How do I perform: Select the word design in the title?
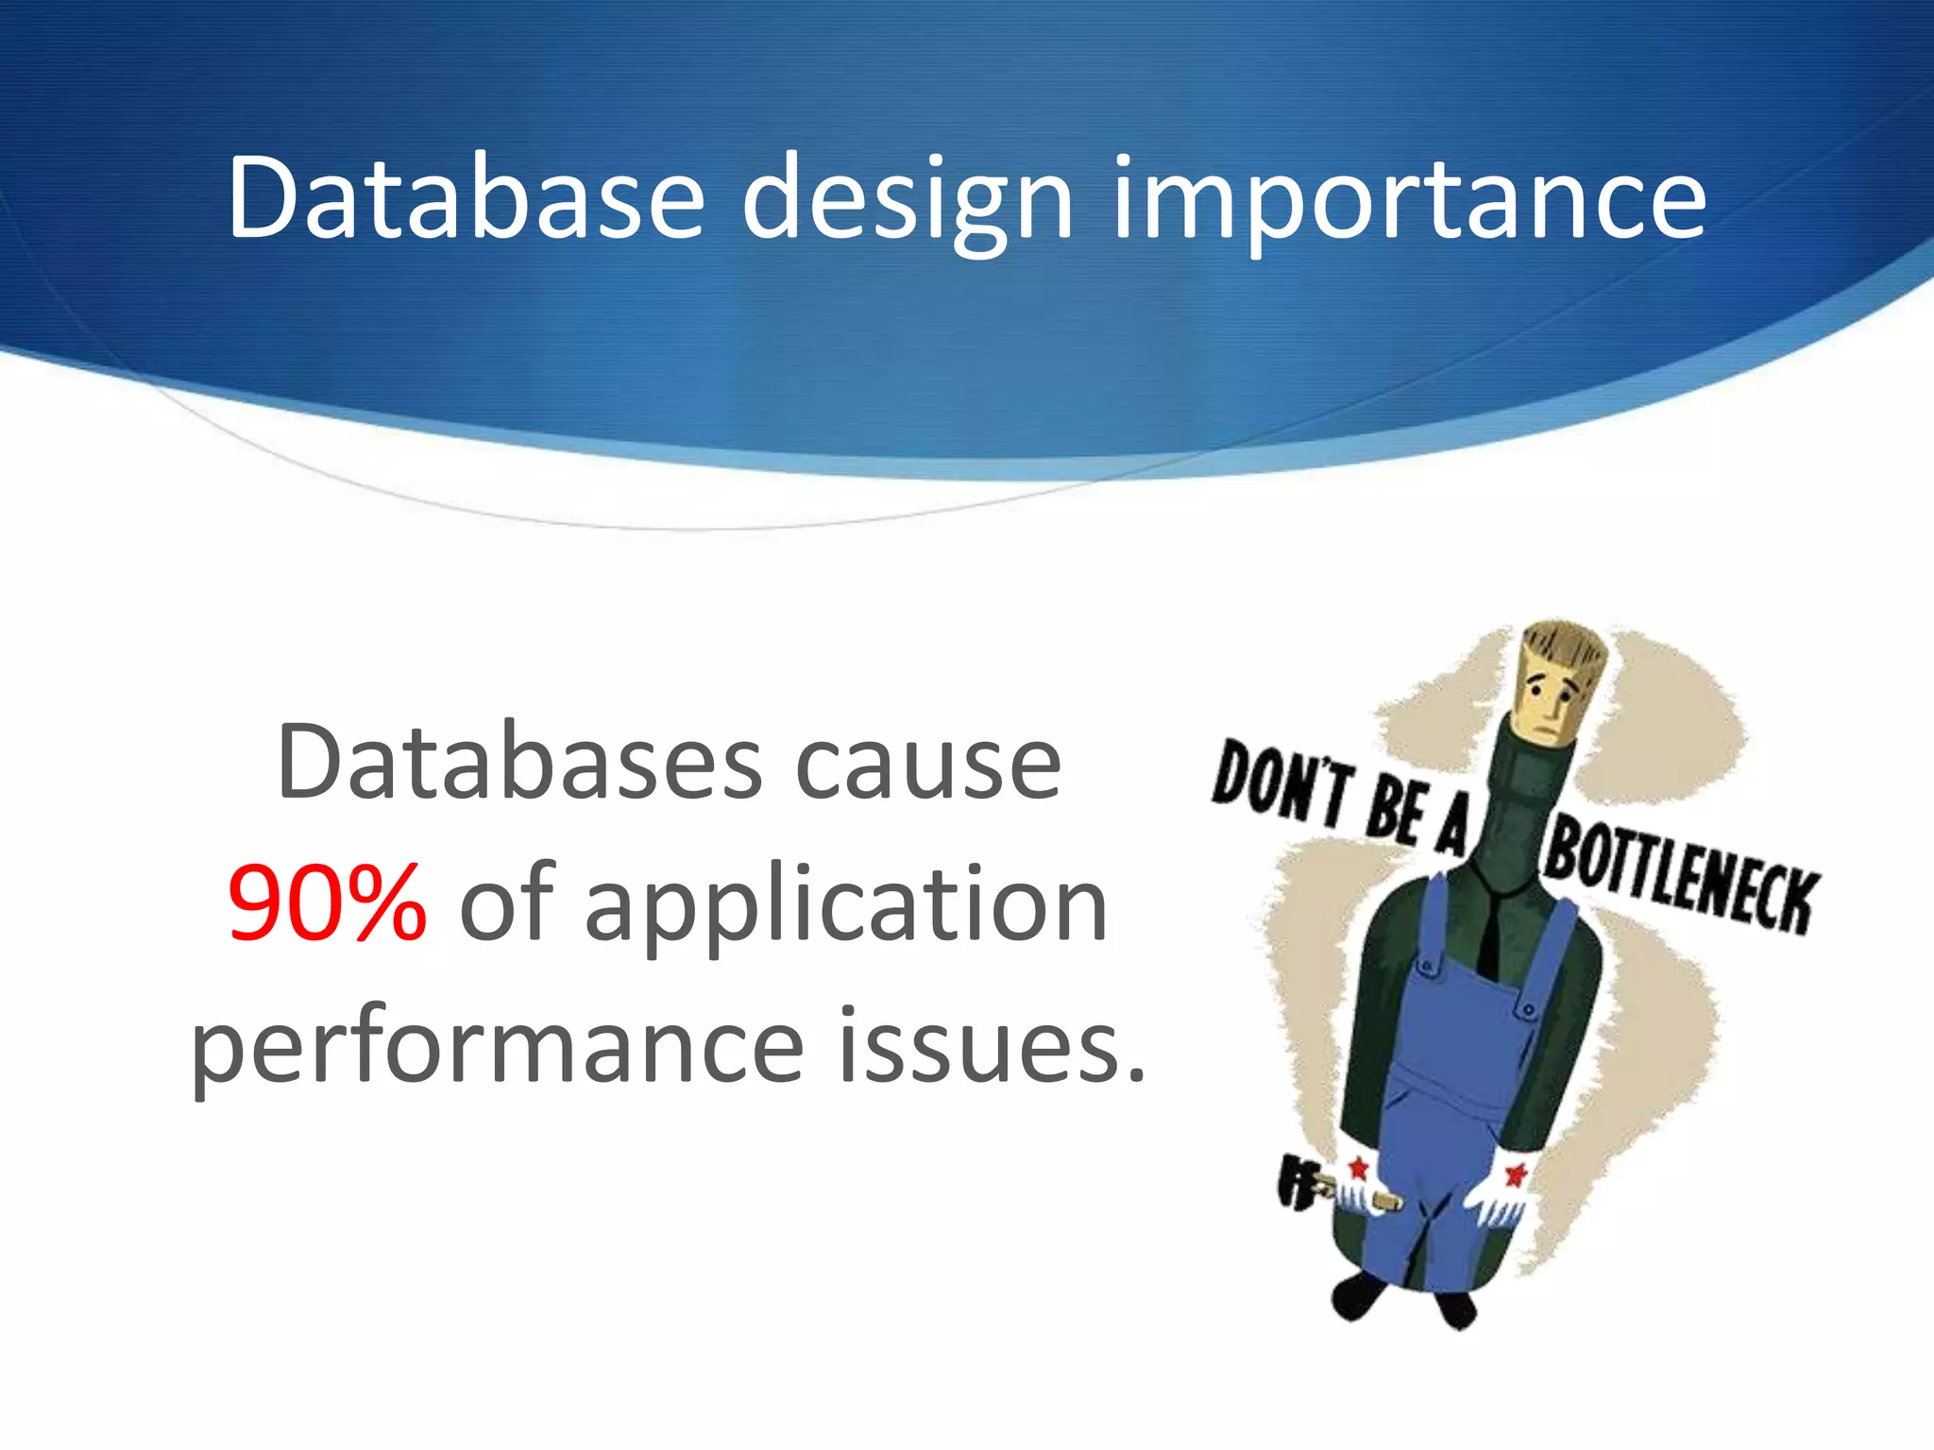coord(908,200)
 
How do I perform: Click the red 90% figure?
coord(327,903)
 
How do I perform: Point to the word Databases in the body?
coord(519,763)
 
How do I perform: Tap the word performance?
coord(497,1046)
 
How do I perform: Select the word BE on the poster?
coord(1394,808)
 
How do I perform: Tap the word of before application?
coord(504,903)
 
